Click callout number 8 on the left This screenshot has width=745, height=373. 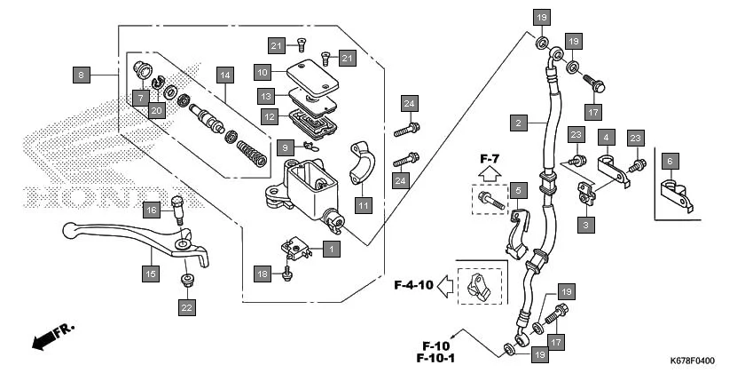[x=82, y=75]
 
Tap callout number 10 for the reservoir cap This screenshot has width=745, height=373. [x=263, y=71]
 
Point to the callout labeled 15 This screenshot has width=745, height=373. [x=151, y=274]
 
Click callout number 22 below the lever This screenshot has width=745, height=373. [x=186, y=307]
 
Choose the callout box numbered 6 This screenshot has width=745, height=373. [x=670, y=161]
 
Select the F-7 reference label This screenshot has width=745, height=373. [x=490, y=159]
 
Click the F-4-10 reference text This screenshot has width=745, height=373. [x=413, y=285]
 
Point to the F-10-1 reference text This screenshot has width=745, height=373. [x=436, y=358]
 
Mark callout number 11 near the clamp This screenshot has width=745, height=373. [x=363, y=206]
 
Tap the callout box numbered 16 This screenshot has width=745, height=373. [x=151, y=210]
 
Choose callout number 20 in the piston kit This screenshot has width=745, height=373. [x=156, y=110]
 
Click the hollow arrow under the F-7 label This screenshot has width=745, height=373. [x=490, y=176]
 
